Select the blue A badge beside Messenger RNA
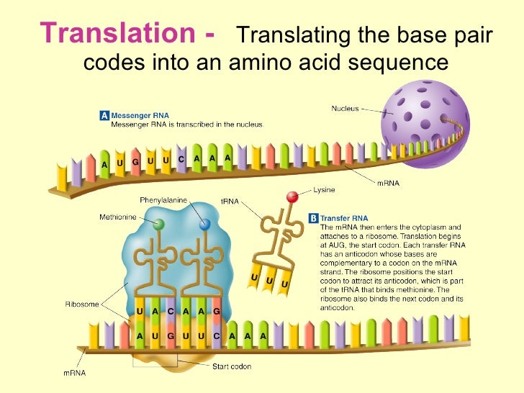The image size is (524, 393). (x=104, y=114)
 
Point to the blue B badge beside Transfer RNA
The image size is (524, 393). (x=313, y=217)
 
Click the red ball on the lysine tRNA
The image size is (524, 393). (x=292, y=197)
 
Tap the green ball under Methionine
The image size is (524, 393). (x=159, y=225)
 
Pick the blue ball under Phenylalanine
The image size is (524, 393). (x=205, y=225)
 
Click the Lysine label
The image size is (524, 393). (x=325, y=191)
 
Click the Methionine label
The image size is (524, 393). (x=117, y=217)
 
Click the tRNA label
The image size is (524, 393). (x=229, y=202)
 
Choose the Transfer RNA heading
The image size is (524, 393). (x=344, y=217)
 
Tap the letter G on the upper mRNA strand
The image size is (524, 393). (x=135, y=162)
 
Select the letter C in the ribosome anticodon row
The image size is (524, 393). (x=171, y=312)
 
